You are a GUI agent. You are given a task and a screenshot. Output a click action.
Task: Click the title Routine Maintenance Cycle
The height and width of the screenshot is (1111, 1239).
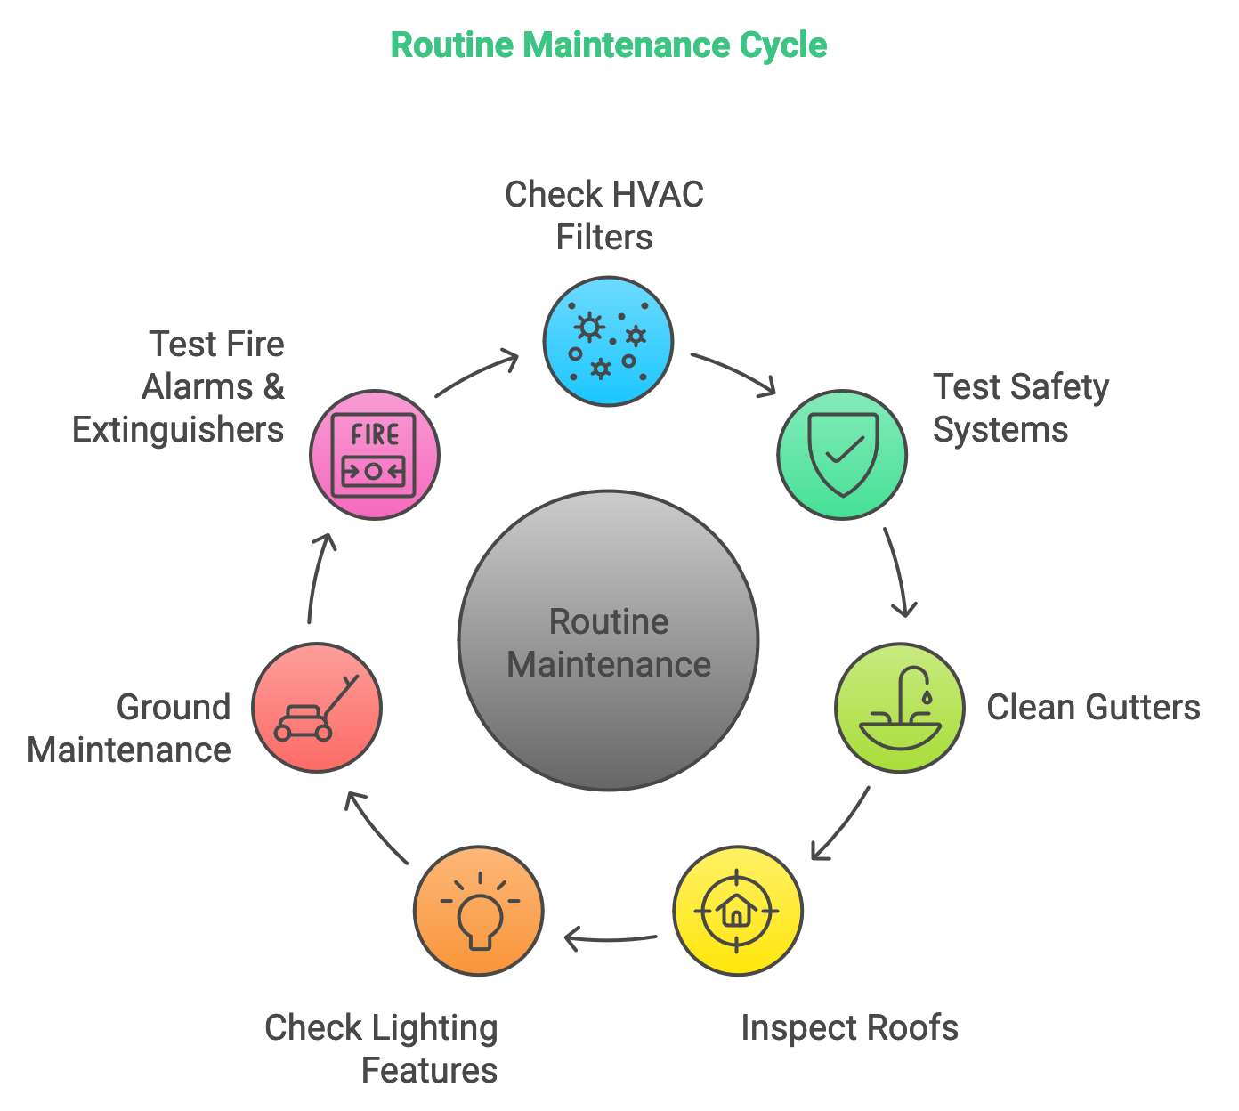pyautogui.click(x=609, y=45)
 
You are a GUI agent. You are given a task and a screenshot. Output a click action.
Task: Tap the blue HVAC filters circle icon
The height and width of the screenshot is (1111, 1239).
pyautogui.click(x=608, y=341)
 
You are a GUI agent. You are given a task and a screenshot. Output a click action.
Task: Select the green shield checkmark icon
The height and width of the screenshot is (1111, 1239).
pyautogui.click(x=842, y=454)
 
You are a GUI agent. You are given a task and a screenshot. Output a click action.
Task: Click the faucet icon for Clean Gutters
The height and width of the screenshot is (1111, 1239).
pyautogui.click(x=899, y=708)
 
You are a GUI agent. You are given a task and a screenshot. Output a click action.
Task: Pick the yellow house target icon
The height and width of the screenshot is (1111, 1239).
pyautogui.click(x=737, y=911)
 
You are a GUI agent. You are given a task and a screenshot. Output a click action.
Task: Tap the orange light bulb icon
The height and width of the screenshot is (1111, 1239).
pyautogui.click(x=479, y=911)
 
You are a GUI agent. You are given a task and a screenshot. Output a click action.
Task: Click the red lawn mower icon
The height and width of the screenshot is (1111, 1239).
pyautogui.click(x=317, y=708)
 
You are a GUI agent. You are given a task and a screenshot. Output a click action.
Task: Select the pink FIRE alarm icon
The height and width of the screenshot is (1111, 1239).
pyautogui.click(x=374, y=454)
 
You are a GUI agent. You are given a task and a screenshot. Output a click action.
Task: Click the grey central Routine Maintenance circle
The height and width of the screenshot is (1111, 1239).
pyautogui.click(x=609, y=641)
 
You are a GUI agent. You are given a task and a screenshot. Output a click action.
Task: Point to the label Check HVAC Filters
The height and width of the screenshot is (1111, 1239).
pyautogui.click(x=604, y=215)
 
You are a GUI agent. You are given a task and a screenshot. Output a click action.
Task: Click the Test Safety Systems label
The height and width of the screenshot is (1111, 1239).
pyautogui.click(x=1020, y=408)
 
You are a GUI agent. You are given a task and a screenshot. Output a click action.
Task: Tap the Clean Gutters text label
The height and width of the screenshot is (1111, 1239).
pyautogui.click(x=1093, y=707)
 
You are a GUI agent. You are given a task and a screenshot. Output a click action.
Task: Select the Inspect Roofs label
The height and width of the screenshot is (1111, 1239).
pyautogui.click(x=849, y=1027)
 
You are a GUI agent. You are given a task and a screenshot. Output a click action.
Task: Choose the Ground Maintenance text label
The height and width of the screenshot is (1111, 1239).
pyautogui.click(x=131, y=728)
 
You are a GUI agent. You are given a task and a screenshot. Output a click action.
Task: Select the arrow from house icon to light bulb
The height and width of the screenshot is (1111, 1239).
pyautogui.click(x=611, y=938)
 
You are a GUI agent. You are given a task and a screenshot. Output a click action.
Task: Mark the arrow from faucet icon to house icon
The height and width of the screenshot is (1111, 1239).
pyautogui.click(x=842, y=824)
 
